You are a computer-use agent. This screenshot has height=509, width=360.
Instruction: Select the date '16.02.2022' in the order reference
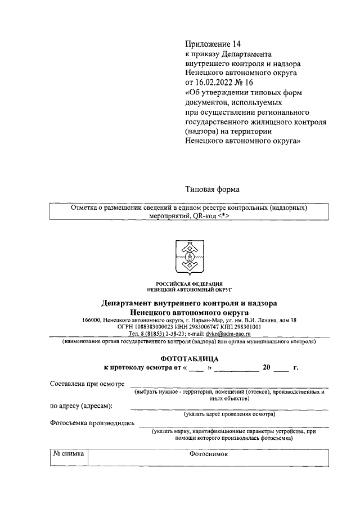(x=216, y=83)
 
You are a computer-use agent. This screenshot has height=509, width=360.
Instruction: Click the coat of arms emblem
(x=189, y=256)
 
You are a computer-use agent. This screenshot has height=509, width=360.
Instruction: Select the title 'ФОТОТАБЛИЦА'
(x=189, y=358)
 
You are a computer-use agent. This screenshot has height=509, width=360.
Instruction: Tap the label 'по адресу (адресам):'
(x=81, y=406)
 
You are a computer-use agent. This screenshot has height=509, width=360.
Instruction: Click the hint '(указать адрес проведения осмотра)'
(x=229, y=414)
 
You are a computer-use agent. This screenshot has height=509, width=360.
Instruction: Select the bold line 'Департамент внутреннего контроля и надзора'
(x=189, y=303)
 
